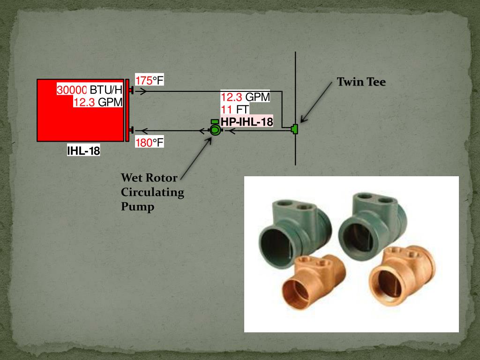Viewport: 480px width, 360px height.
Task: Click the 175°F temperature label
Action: tap(150, 80)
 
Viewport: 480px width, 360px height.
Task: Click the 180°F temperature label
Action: tap(150, 142)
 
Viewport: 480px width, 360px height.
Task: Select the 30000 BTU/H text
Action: tap(90, 90)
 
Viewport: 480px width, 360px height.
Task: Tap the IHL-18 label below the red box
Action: tap(83, 151)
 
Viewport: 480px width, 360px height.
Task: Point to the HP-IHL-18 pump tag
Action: tap(247, 122)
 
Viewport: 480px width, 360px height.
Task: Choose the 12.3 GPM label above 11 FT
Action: tap(245, 97)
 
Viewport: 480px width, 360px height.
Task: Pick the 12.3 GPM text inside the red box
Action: tap(97, 102)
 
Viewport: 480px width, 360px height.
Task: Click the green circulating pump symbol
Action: tap(215, 130)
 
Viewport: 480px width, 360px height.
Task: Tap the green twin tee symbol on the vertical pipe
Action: tap(295, 128)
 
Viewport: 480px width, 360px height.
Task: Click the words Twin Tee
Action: tap(361, 82)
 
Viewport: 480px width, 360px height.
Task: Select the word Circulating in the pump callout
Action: tap(152, 192)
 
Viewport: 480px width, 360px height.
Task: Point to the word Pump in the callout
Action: tap(137, 206)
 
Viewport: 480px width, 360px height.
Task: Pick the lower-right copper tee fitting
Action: tap(401, 272)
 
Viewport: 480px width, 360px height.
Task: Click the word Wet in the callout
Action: tap(131, 178)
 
